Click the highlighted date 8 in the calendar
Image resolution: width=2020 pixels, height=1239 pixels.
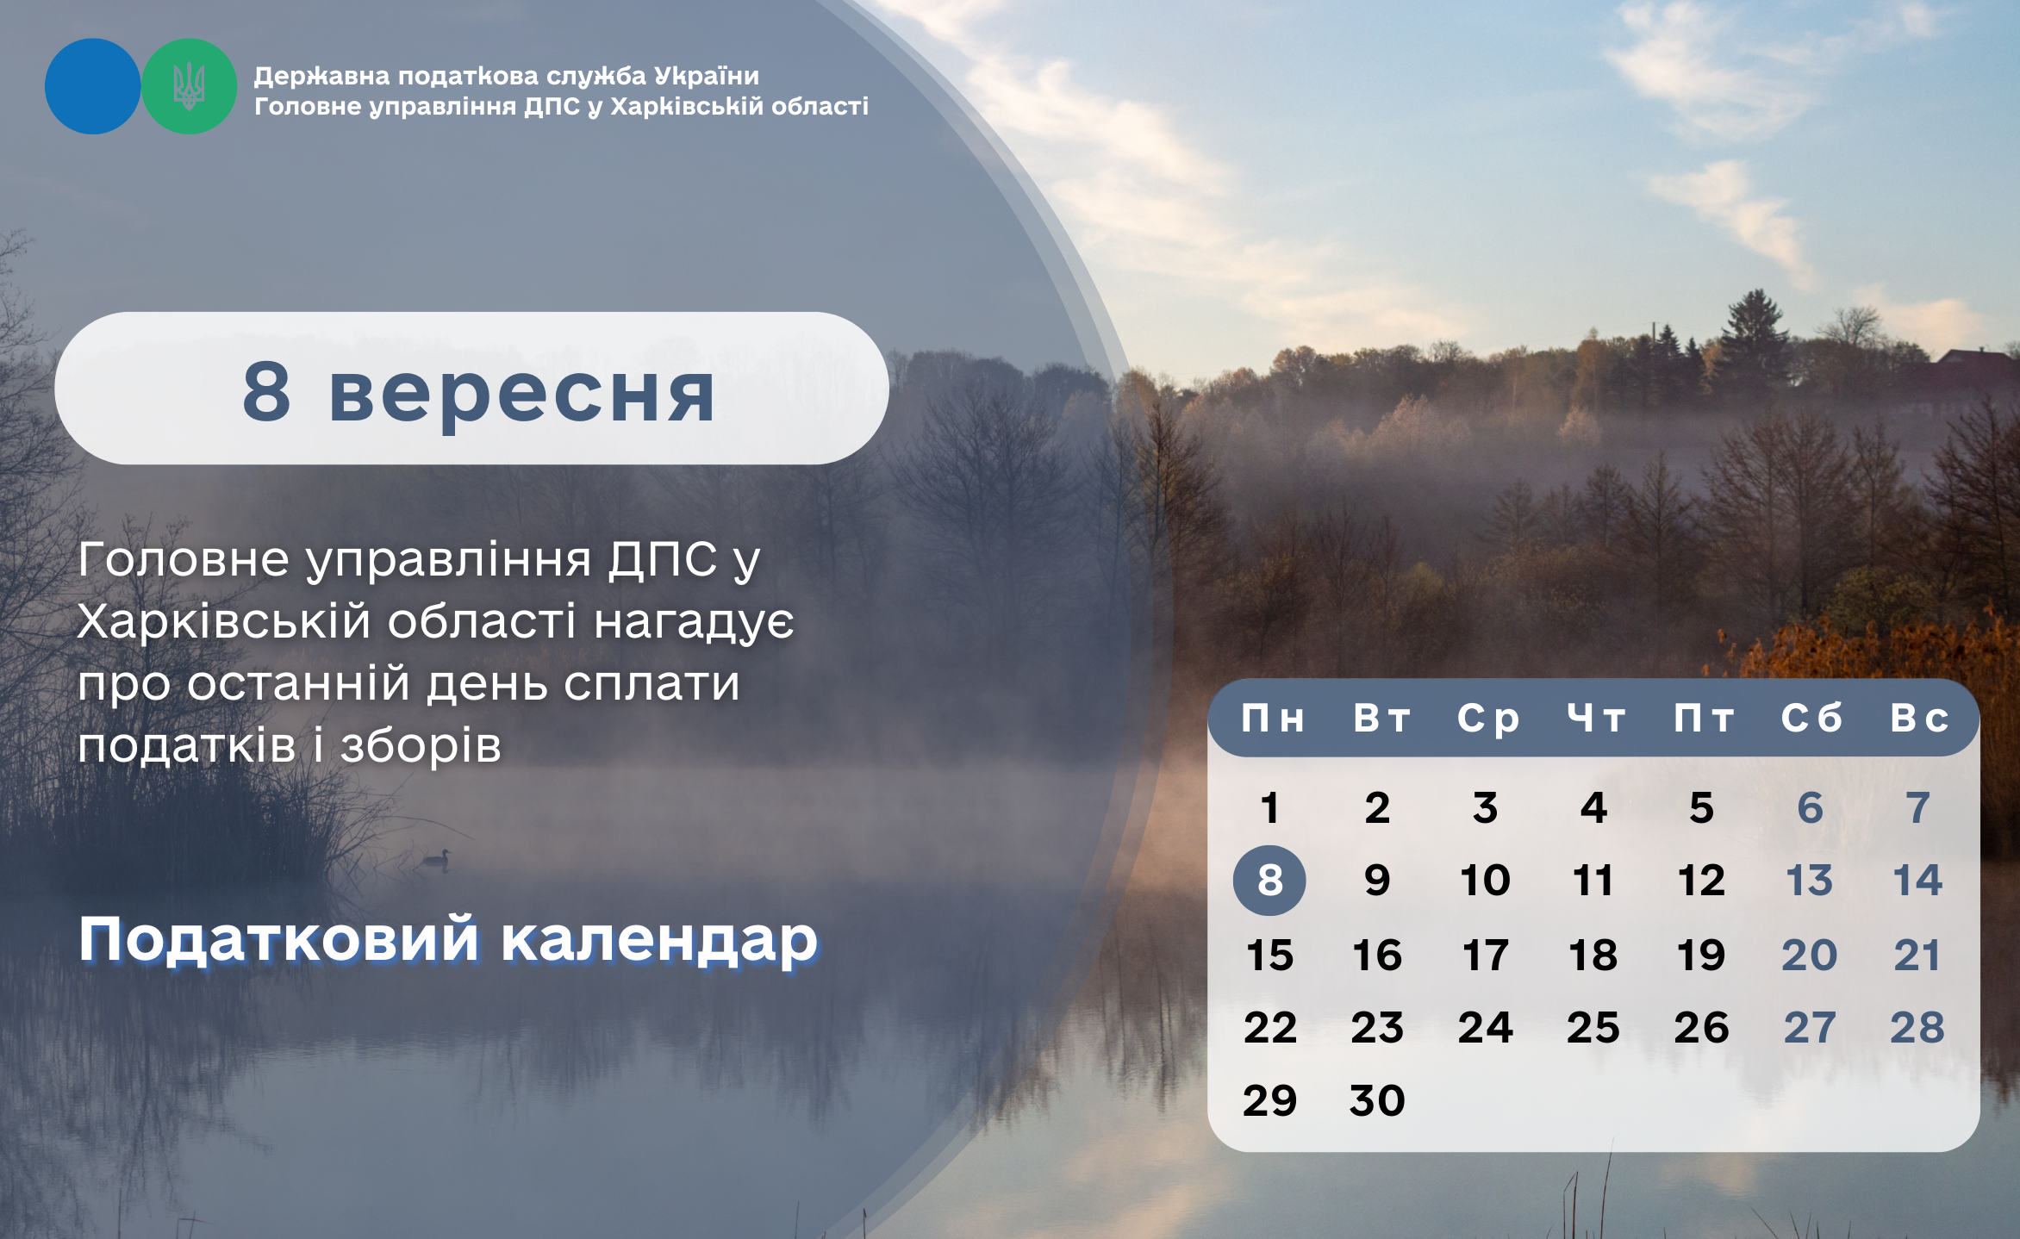click(1269, 880)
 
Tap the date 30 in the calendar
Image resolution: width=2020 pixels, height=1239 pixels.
click(1377, 1100)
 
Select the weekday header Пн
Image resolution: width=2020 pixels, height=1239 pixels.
click(1273, 719)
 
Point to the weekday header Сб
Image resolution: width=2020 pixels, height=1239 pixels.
click(1811, 719)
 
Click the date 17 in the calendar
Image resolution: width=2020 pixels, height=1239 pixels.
click(1486, 955)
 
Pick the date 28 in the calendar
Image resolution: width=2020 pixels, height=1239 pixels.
click(1917, 1027)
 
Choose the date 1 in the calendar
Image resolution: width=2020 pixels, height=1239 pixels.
click(1269, 808)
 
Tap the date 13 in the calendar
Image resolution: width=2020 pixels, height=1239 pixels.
click(1809, 881)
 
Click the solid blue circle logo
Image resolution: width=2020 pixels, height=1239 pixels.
click(92, 86)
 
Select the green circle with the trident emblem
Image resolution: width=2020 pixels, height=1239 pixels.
click(189, 86)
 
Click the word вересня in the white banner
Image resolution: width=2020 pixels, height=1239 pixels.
click(522, 393)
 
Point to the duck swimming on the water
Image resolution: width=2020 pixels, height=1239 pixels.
click(437, 859)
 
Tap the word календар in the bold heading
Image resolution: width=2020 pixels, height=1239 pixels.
click(659, 939)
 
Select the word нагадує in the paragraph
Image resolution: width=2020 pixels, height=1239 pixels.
click(695, 623)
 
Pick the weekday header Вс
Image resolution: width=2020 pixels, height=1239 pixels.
click(1919, 719)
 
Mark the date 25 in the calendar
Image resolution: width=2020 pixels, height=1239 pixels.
click(1593, 1027)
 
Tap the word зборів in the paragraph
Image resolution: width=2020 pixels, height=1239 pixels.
click(421, 746)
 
